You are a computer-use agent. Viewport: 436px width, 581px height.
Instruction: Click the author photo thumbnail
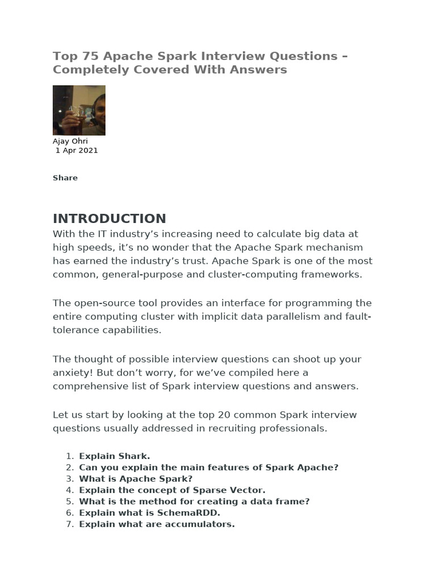79,110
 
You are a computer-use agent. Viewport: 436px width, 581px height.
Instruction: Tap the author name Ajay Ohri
70,141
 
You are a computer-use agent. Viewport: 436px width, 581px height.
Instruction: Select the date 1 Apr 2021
77,150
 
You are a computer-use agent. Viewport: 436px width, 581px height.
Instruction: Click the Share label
65,178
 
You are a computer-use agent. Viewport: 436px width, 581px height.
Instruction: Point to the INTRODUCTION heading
110,218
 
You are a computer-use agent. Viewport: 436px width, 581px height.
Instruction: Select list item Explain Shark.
114,456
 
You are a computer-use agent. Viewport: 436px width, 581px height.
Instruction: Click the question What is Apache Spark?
128,478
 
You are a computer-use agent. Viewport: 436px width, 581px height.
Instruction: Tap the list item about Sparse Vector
172,490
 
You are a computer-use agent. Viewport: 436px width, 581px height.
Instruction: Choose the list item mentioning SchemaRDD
149,512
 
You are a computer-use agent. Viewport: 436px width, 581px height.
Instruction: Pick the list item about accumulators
157,524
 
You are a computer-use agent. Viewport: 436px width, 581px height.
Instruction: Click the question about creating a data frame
194,501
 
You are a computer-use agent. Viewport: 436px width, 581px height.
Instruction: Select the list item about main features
208,467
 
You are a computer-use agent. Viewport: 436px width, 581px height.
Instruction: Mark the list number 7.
69,524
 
